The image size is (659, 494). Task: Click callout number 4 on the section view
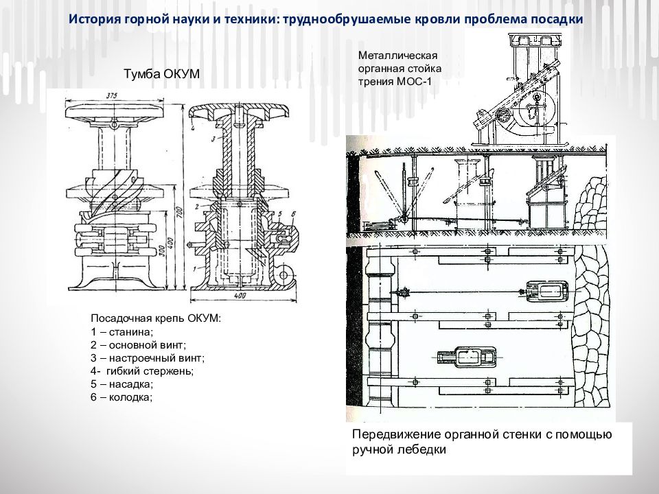pos(194,128)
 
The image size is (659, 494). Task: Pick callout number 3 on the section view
pos(213,139)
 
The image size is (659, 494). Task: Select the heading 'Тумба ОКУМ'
pos(161,74)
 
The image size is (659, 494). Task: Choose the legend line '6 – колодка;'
pos(122,397)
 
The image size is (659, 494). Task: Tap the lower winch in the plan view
pos(465,356)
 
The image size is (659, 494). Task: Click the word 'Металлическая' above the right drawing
pos(397,56)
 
